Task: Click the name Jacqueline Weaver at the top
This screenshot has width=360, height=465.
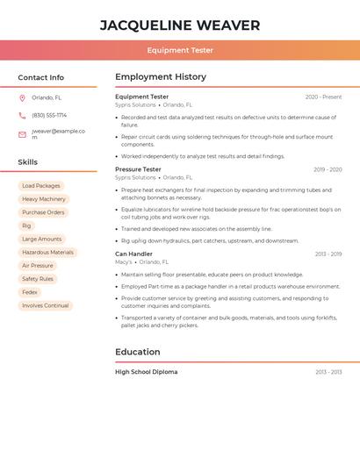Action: point(180,25)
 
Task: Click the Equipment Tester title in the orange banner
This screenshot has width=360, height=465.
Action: point(180,50)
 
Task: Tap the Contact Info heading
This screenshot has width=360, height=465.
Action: point(41,77)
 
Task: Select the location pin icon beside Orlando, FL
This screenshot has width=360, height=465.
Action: point(22,98)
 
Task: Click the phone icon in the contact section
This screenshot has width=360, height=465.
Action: point(22,115)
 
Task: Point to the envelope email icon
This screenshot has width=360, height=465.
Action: point(22,134)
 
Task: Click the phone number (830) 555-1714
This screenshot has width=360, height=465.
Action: point(49,115)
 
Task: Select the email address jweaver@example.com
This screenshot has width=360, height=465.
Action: point(58,134)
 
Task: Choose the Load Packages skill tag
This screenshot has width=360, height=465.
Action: point(41,186)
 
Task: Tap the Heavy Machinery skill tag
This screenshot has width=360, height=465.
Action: point(44,199)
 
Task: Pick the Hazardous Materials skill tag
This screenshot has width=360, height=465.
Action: point(48,253)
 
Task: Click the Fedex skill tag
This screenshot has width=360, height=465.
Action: point(30,292)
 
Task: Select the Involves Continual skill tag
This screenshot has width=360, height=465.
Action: point(46,305)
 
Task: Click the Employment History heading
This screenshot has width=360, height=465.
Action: point(161,77)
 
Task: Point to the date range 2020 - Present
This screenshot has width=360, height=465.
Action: point(323,97)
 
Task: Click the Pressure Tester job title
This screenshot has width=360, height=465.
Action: point(138,169)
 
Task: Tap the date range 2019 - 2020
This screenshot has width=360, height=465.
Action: point(328,169)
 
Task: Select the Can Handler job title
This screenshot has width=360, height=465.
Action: point(133,254)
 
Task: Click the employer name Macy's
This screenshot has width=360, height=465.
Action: point(124,262)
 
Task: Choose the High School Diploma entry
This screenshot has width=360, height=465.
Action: point(146,372)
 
